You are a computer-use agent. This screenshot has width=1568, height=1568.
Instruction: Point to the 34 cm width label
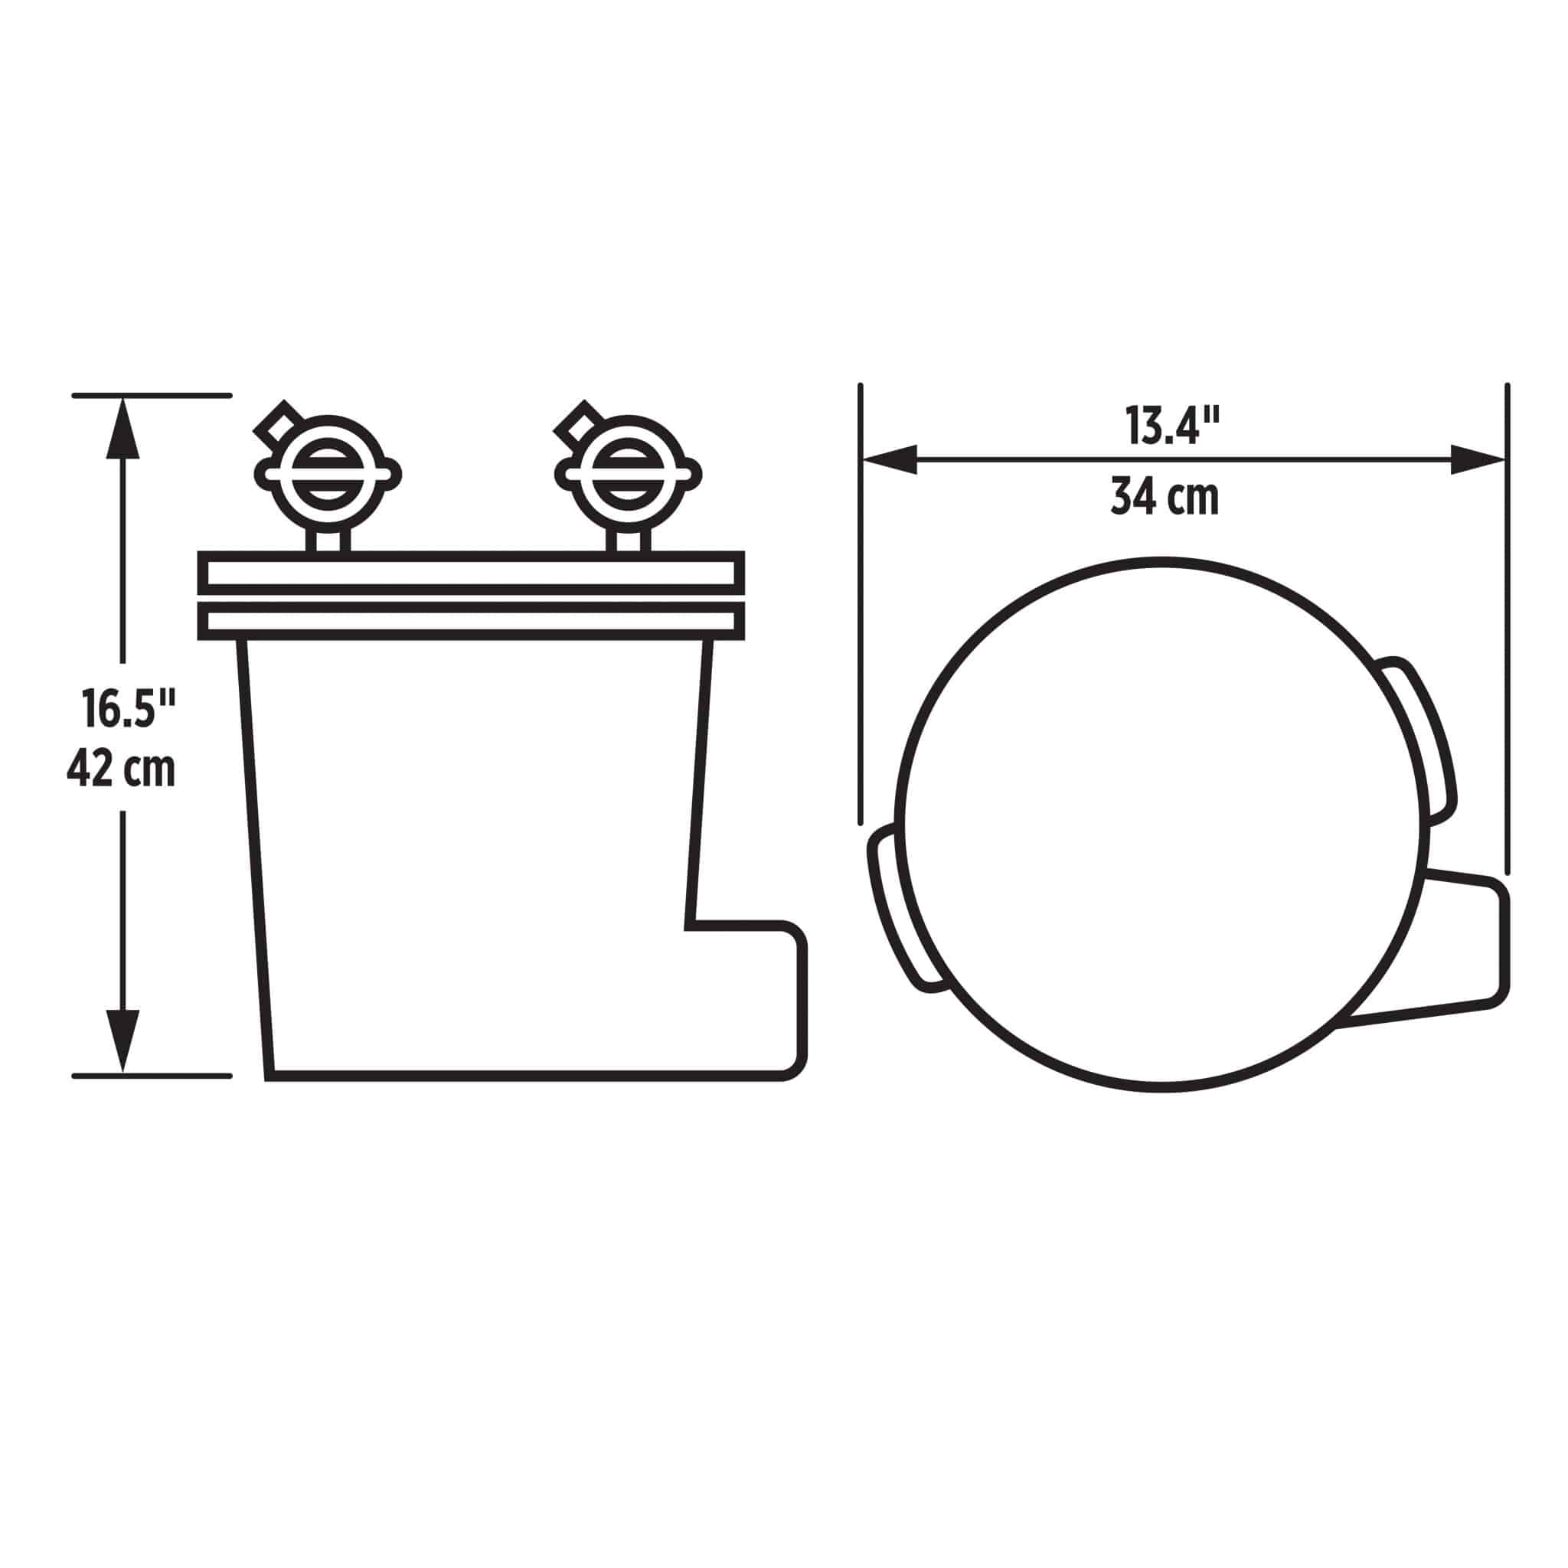click(1165, 497)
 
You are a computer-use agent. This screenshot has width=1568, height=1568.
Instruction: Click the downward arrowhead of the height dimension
click(122, 1040)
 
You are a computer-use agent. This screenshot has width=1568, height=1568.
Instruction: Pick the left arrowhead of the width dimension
click(890, 459)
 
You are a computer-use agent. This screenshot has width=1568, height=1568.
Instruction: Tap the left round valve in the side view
click(328, 473)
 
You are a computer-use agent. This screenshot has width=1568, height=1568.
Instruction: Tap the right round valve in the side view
click(627, 473)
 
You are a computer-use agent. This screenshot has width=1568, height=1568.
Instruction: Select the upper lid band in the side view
click(471, 573)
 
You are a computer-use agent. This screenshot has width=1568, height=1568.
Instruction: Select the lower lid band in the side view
click(471, 622)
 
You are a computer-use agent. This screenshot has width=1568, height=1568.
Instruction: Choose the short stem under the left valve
click(328, 541)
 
